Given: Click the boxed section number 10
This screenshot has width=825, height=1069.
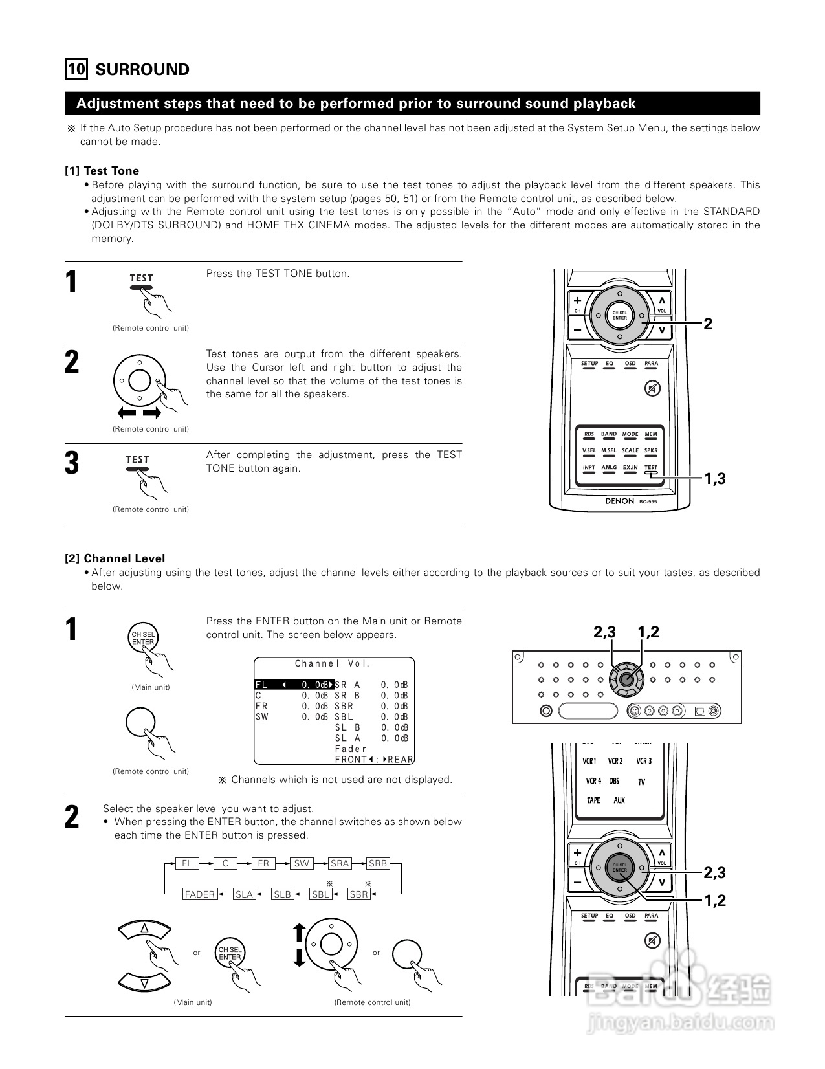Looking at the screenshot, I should pos(76,69).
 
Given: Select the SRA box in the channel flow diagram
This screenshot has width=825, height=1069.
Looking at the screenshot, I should pos(340,863).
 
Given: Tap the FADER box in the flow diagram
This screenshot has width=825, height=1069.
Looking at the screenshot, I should pos(199,894).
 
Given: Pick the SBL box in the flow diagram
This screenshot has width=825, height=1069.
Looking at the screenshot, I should pos(321,894).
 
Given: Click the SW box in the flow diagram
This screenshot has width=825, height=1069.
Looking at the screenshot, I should pos(302,863).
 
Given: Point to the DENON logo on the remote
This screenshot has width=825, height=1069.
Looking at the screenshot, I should pos(619,501).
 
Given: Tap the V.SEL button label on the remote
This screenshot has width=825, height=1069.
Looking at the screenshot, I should pos(589,450).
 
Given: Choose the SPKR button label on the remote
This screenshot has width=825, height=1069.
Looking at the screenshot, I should pos(651,450).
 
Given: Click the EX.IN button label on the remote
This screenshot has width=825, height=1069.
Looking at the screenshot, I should pos(630,467).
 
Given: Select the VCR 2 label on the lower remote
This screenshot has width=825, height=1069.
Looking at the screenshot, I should pos(615,761).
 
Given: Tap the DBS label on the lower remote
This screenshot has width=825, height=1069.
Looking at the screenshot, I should pos(614,781).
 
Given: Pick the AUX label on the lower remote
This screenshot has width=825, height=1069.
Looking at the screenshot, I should pos(619,800).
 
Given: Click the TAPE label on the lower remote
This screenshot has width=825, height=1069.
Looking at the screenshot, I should pos(593,800).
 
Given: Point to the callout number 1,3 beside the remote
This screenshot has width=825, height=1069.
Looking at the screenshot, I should pos(715,479).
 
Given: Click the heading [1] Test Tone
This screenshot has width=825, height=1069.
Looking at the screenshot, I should pos(102,171).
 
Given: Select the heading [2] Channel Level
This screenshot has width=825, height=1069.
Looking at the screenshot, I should pos(115,558).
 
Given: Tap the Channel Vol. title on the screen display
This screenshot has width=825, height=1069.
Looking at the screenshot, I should pos(333,663).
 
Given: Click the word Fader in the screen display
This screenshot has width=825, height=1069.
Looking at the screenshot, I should pos(351,749).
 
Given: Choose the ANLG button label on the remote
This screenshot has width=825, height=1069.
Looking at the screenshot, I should pos(609,467).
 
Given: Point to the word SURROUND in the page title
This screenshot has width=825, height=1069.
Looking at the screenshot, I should pos(142,69).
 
